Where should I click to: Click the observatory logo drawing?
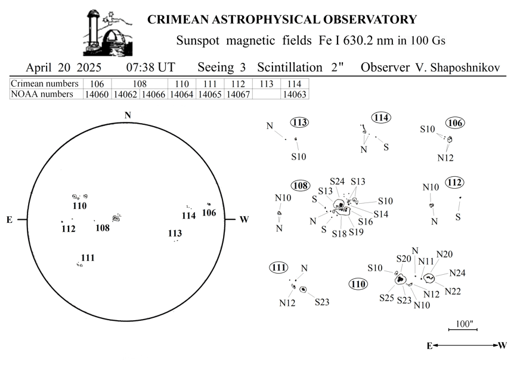(x=107, y=33)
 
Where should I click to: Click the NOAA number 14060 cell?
(x=97, y=94)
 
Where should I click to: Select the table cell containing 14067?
(x=238, y=94)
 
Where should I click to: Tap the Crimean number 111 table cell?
(x=210, y=84)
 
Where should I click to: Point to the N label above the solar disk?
(x=128, y=115)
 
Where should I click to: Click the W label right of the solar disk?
(x=244, y=220)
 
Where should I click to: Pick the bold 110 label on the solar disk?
(x=79, y=206)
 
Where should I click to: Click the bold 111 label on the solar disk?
(x=88, y=257)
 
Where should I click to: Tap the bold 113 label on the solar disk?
(x=175, y=234)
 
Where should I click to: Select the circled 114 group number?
(x=381, y=118)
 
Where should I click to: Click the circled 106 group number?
(x=455, y=123)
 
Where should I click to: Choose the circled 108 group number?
(x=301, y=186)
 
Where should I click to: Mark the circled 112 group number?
(x=454, y=183)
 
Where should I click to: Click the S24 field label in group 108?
(x=337, y=182)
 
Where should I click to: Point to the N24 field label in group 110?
(x=457, y=273)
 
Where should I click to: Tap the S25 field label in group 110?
(x=386, y=297)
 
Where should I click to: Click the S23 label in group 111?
(x=322, y=302)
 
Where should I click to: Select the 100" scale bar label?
(x=465, y=324)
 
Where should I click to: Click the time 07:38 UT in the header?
(x=150, y=67)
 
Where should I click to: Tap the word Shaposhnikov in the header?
(x=465, y=68)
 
